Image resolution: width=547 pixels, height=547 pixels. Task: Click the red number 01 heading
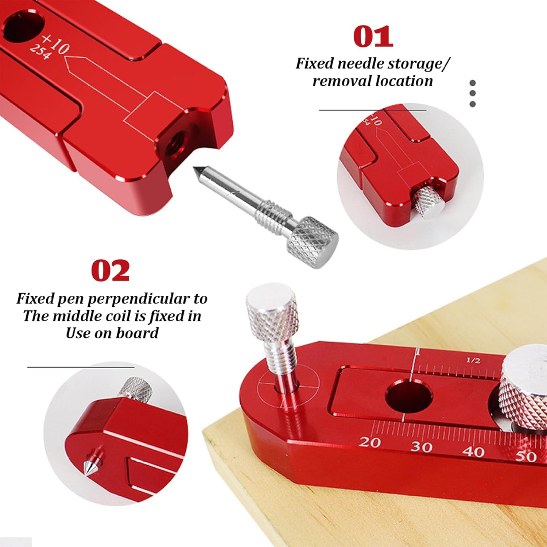tap(373, 36)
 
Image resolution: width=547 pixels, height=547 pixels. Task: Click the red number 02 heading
tap(110, 271)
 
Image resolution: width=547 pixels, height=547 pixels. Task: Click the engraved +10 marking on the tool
tap(55, 44)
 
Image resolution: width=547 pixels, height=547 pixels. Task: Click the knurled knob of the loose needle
tap(313, 241)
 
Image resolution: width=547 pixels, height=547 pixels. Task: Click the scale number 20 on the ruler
tap(369, 442)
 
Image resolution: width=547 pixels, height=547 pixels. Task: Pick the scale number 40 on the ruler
tap(473, 451)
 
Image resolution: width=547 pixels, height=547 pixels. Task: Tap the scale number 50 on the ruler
tap(526, 456)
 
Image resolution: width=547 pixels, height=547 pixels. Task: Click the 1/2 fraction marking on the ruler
tap(473, 360)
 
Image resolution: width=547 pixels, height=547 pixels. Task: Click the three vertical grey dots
tap(473, 94)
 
